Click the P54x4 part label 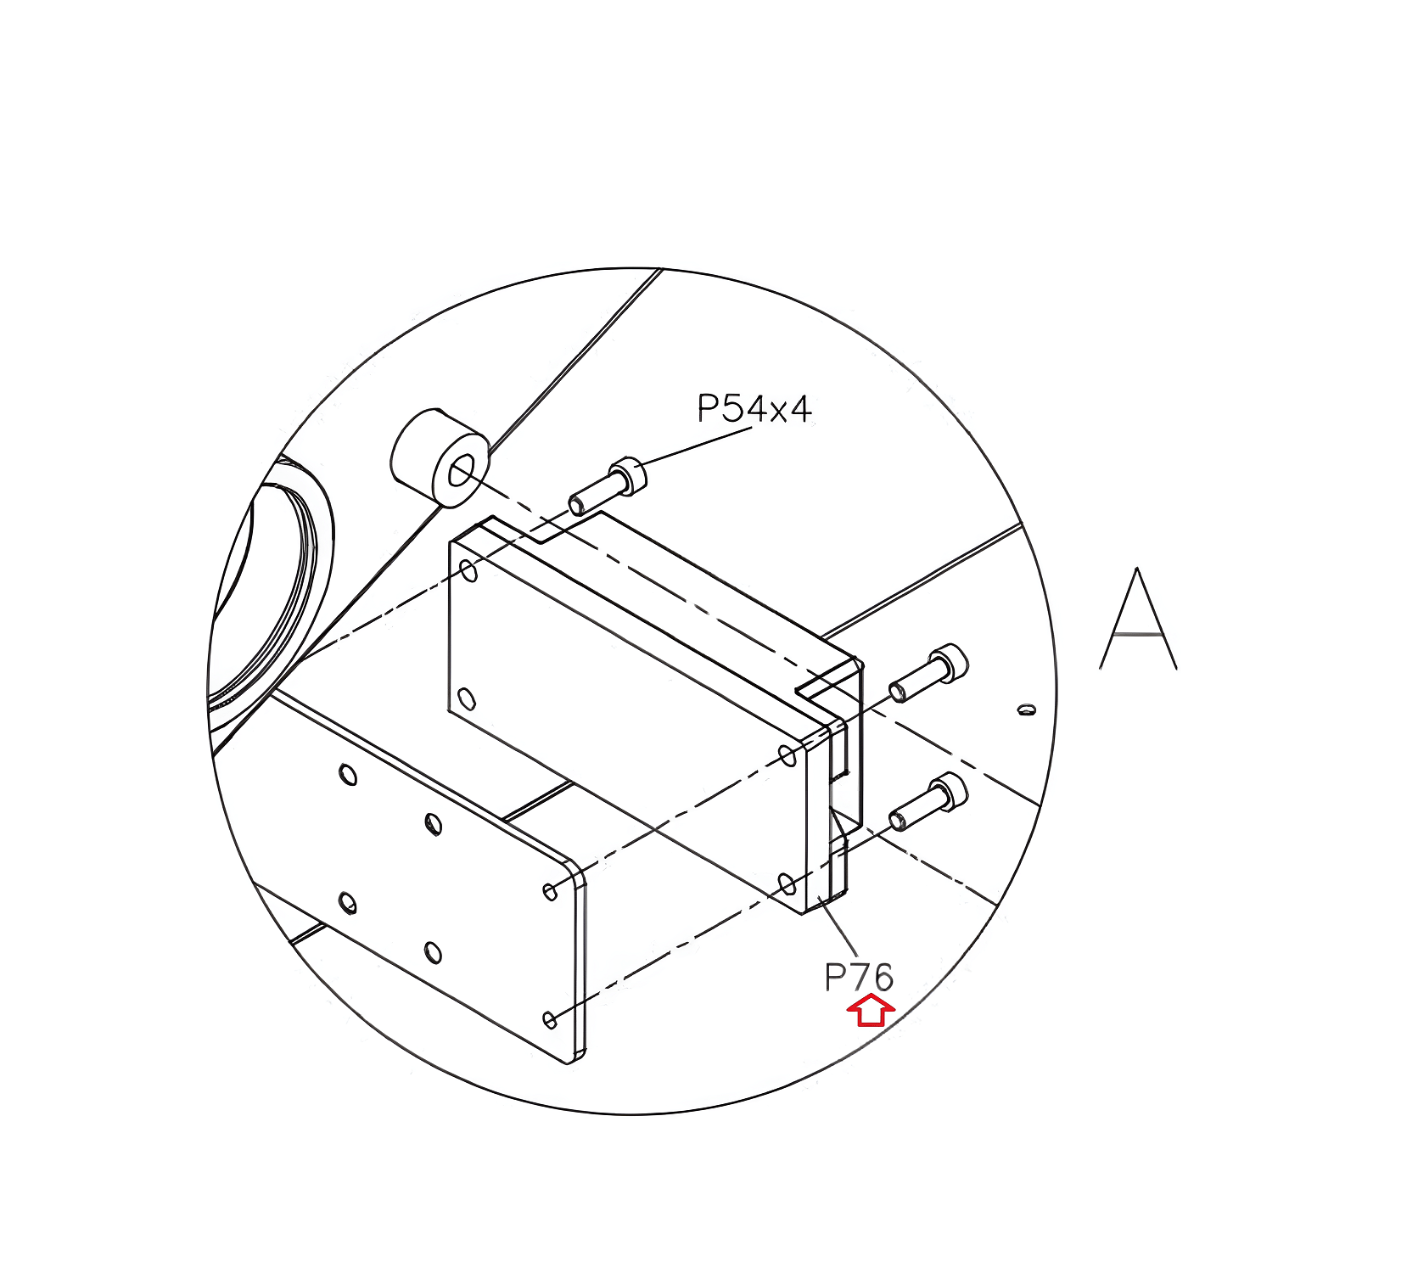coord(754,409)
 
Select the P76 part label coord(859,978)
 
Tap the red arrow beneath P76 coord(871,1012)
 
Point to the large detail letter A coord(1138,619)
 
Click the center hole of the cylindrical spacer coord(461,470)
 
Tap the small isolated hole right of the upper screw coord(1027,708)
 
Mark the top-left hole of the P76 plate coord(468,570)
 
